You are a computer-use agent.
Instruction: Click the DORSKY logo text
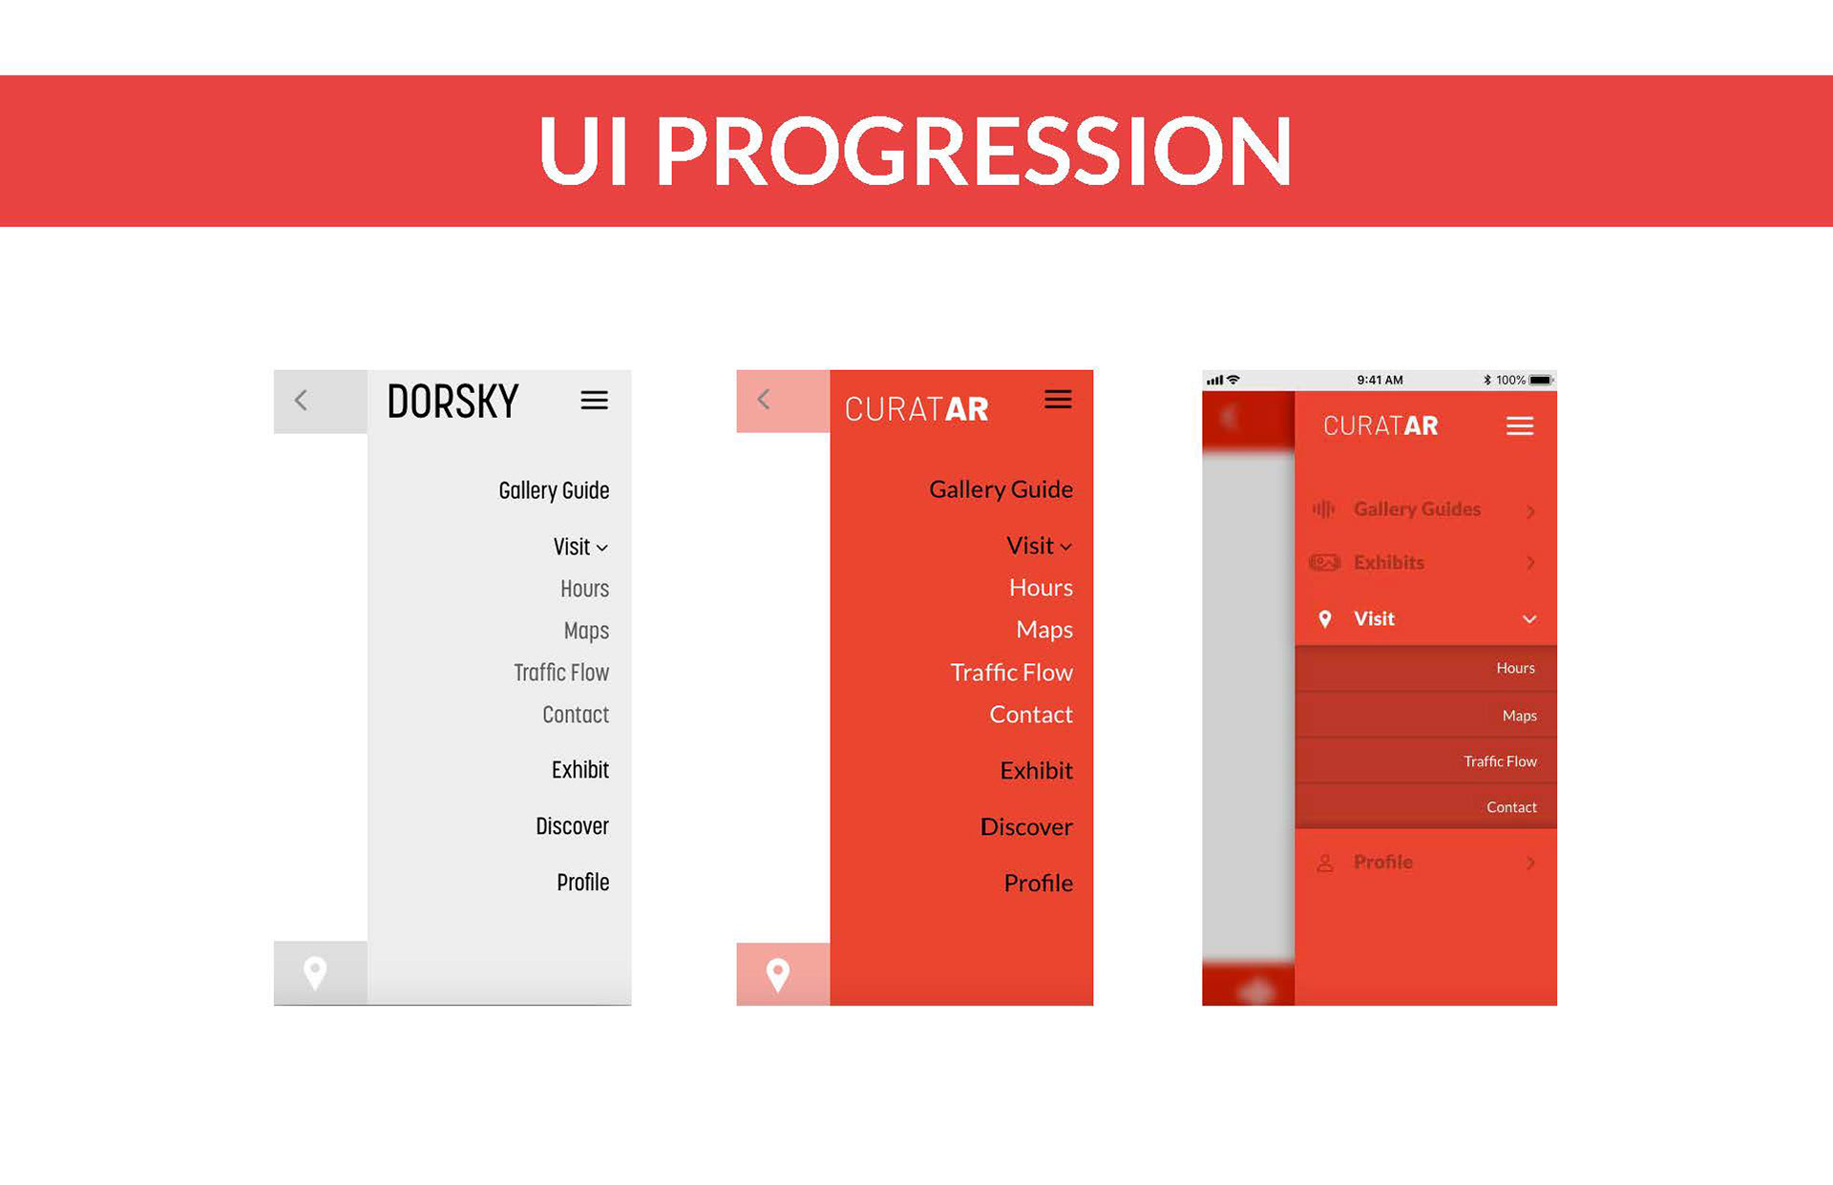[x=453, y=401]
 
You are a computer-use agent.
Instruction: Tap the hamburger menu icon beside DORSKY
[x=594, y=400]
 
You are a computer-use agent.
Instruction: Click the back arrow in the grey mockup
[x=301, y=400]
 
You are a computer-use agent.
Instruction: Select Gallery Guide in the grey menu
[x=554, y=490]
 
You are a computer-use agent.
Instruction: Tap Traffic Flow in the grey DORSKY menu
[x=561, y=673]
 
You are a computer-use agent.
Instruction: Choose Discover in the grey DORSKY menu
[x=572, y=826]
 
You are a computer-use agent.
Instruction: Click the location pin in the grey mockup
[x=315, y=973]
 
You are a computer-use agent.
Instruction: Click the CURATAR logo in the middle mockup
[x=916, y=409]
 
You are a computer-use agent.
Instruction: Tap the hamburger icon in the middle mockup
[x=1058, y=399]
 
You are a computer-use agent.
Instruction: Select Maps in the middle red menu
[x=1044, y=630]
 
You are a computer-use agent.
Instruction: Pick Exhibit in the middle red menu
[x=1037, y=770]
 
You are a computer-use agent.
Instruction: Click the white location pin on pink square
[x=778, y=975]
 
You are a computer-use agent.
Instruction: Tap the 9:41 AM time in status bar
[x=1380, y=380]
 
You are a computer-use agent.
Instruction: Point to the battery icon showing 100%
[x=1541, y=380]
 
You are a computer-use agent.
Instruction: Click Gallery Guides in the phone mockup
[x=1417, y=509]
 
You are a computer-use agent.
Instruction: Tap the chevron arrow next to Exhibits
[x=1530, y=563]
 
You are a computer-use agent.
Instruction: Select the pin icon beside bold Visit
[x=1325, y=619]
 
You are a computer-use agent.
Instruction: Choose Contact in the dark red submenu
[x=1511, y=807]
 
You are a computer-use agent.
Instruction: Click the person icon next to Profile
[x=1325, y=863]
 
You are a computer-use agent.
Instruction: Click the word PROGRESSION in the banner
[x=974, y=151]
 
